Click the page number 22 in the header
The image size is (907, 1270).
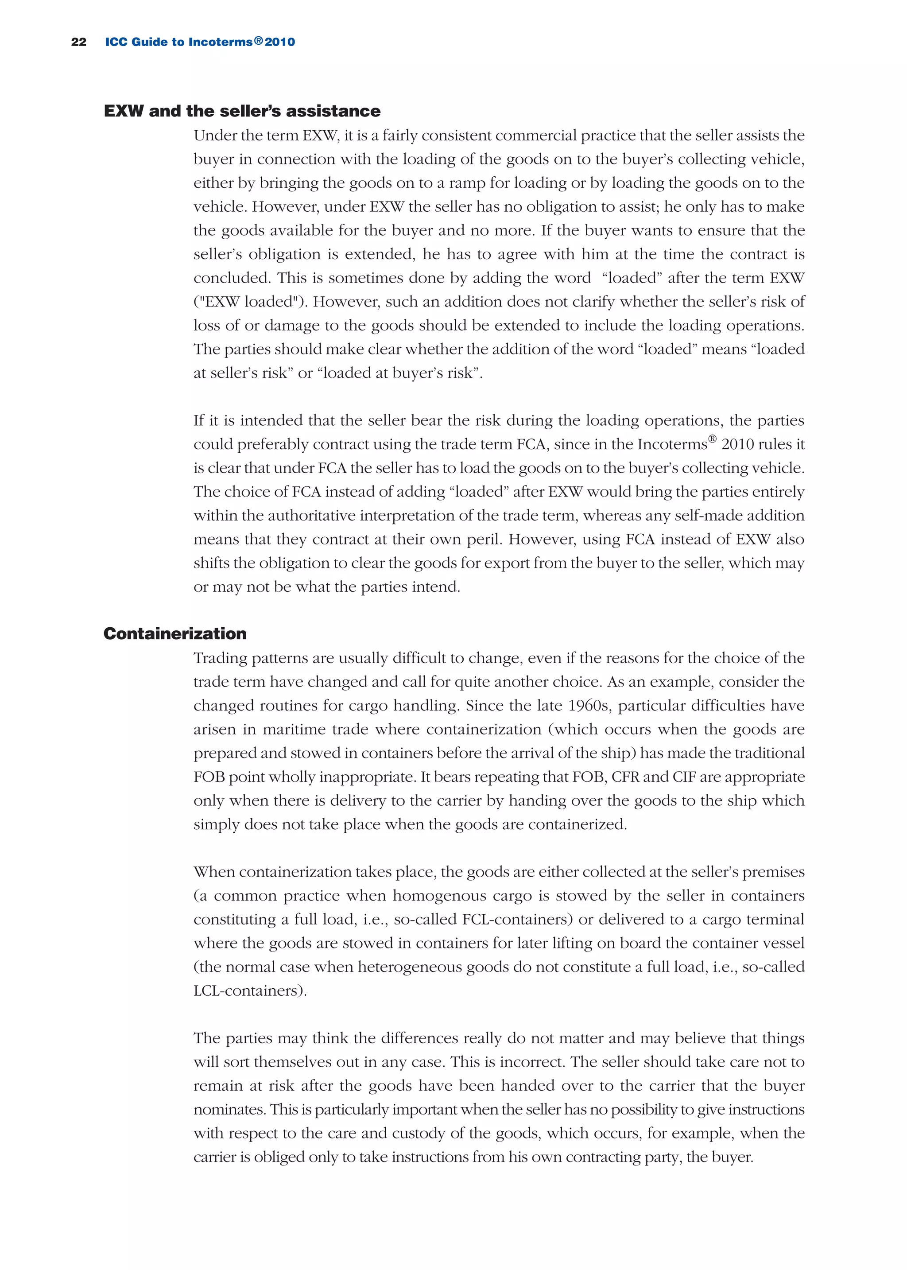tap(79, 42)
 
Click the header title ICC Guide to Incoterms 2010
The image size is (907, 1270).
tap(200, 42)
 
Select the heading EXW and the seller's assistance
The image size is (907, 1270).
tap(242, 111)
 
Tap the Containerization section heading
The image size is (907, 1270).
tap(175, 633)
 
